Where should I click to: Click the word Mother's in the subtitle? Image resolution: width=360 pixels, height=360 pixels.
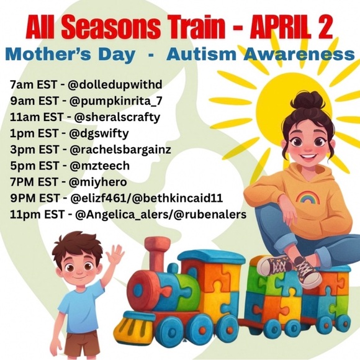(53, 55)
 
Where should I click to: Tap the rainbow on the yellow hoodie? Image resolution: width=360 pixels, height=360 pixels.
(306, 198)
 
